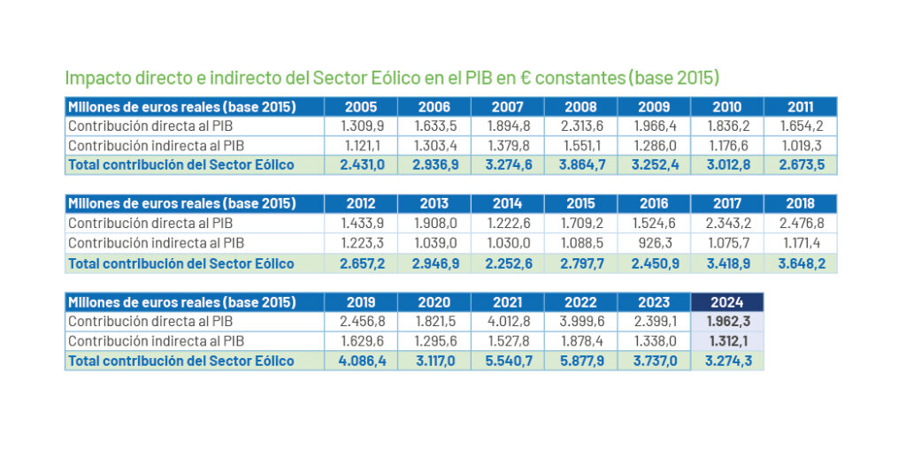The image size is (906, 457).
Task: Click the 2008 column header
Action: [x=580, y=107]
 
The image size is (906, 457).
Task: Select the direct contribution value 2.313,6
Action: [x=580, y=126]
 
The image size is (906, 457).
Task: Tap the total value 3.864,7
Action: [x=580, y=164]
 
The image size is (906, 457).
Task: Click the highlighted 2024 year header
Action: [x=727, y=302]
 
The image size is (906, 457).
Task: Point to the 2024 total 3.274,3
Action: [x=727, y=360]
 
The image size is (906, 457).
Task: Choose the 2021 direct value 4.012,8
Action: [x=507, y=321]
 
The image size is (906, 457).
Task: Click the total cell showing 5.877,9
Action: [x=580, y=360]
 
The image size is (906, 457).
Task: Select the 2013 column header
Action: [x=434, y=203]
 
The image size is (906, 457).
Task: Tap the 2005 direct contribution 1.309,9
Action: [x=360, y=126]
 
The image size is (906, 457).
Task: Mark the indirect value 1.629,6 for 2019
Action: [x=360, y=340]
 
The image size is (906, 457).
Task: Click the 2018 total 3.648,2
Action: [x=801, y=263]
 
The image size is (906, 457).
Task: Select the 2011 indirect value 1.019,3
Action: [x=801, y=145]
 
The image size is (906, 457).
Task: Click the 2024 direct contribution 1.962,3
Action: [x=727, y=321]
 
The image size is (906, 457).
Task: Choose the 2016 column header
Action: [x=654, y=203]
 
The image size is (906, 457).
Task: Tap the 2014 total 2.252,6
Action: [x=507, y=263]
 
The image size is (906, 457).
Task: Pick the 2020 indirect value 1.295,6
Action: [x=434, y=340]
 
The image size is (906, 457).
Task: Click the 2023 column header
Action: [x=654, y=302]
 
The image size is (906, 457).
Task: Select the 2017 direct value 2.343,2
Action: [x=727, y=223]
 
